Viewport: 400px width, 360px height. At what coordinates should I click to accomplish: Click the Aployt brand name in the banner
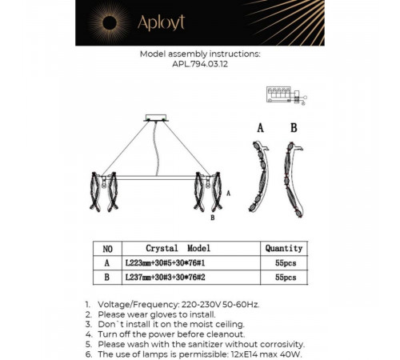tap(161, 22)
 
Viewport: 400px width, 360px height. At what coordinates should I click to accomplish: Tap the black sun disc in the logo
tap(110, 23)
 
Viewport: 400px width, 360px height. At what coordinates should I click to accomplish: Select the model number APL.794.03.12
tap(200, 64)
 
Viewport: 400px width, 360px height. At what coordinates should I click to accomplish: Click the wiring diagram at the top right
tap(286, 95)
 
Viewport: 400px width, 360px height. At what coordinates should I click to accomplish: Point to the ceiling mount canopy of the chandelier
tap(156, 118)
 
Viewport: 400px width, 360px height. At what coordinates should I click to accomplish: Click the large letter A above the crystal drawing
tap(261, 128)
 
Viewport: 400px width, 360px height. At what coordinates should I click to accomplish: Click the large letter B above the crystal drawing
tap(294, 128)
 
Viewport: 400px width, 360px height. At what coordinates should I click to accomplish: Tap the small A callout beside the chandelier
tap(228, 193)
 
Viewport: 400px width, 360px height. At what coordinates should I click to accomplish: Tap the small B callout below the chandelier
tap(213, 218)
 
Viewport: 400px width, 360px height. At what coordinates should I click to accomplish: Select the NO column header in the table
tap(107, 249)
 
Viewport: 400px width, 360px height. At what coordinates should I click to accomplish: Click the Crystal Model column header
tap(178, 248)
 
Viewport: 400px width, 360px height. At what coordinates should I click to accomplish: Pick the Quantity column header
tap(284, 249)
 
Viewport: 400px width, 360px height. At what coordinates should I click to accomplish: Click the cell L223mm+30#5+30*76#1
tap(166, 263)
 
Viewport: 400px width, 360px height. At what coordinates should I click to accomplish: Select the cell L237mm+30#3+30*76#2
tap(166, 278)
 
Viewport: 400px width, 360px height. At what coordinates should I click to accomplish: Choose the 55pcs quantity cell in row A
tap(286, 263)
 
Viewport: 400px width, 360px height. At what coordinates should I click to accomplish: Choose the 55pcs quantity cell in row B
tap(286, 278)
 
